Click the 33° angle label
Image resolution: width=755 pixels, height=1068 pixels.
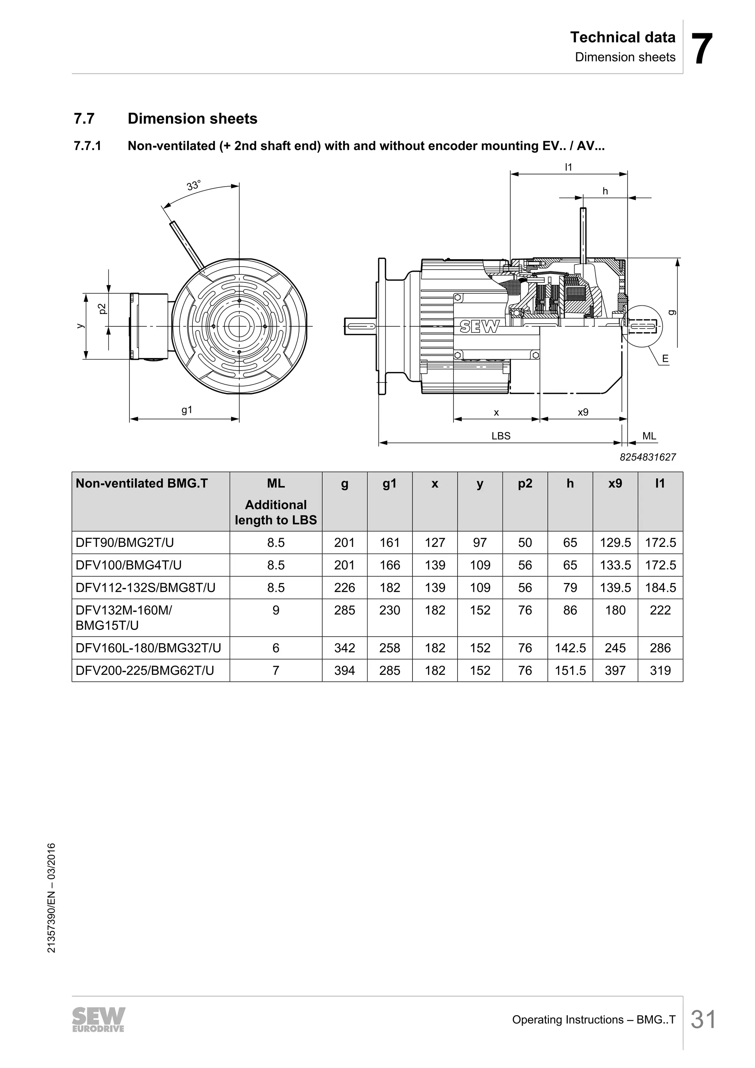point(194,185)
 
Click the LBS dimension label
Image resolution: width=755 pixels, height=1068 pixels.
point(501,436)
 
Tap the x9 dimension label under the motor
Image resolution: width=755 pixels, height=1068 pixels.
point(583,412)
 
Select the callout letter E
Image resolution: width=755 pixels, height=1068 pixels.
point(665,358)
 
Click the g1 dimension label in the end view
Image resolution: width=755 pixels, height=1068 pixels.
point(187,410)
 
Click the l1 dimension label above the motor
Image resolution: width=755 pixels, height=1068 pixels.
point(568,167)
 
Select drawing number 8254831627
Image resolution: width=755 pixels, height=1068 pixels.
point(648,457)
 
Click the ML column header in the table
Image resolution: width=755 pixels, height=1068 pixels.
point(276,484)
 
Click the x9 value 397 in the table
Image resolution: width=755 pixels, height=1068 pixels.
point(615,671)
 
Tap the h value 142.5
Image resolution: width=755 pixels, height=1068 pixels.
point(570,648)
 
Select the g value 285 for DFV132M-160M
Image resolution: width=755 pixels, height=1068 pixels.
point(344,610)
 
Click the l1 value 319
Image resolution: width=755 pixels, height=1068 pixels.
point(660,671)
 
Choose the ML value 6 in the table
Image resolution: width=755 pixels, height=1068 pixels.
point(276,648)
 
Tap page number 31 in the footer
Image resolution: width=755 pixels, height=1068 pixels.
point(703,1020)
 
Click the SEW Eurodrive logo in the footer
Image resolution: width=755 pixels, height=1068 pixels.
point(98,1020)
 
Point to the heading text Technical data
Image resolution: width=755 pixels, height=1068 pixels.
point(623,37)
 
